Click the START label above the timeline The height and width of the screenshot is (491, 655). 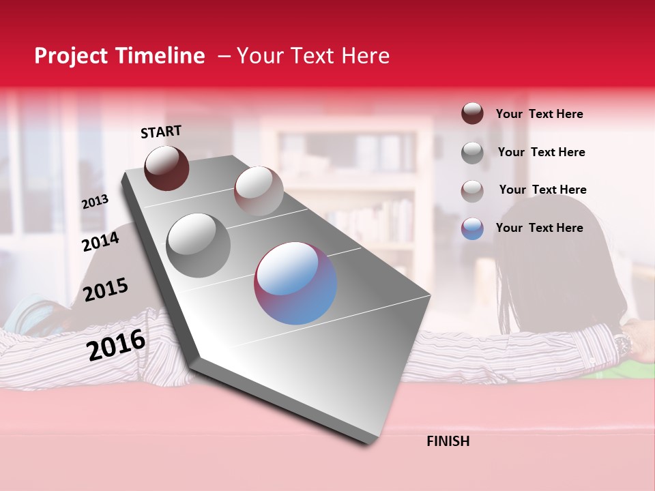pyautogui.click(x=161, y=131)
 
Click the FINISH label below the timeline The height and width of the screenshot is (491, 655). pyautogui.click(x=448, y=441)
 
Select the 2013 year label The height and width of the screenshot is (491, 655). pyautogui.click(x=95, y=202)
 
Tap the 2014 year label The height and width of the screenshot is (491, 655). pyautogui.click(x=100, y=241)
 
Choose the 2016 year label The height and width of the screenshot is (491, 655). pyautogui.click(x=116, y=344)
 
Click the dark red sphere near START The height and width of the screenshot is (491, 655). pyautogui.click(x=166, y=168)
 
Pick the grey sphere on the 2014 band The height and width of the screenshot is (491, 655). pyautogui.click(x=198, y=245)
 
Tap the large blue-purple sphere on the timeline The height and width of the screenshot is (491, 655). pyautogui.click(x=295, y=283)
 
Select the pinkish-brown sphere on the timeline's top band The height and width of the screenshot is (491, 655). pyautogui.click(x=259, y=191)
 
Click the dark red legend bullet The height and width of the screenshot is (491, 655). pyautogui.click(x=472, y=114)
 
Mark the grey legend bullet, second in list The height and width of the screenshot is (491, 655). pyautogui.click(x=472, y=153)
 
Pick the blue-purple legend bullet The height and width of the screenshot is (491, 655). pyautogui.click(x=472, y=228)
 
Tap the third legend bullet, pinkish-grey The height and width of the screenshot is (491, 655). pyautogui.click(x=472, y=190)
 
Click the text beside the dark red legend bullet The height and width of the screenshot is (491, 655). pyautogui.click(x=539, y=114)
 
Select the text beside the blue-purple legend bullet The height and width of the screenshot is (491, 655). pyautogui.click(x=539, y=228)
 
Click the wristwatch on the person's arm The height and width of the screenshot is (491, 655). pyautogui.click(x=622, y=344)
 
